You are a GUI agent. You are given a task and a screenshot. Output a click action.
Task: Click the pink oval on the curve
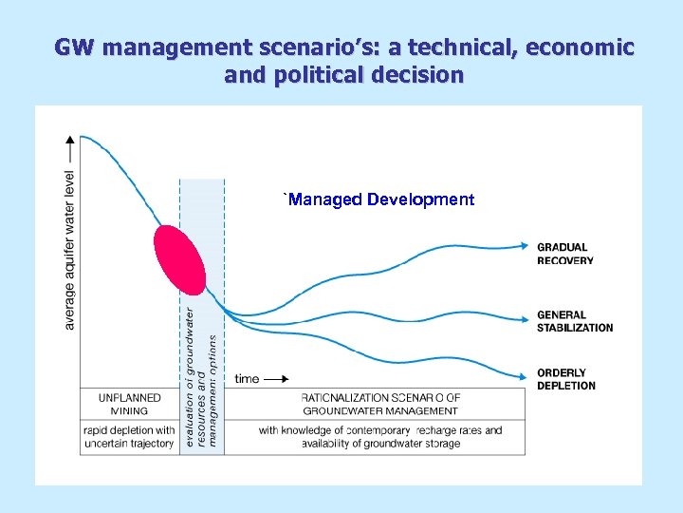pos(179,260)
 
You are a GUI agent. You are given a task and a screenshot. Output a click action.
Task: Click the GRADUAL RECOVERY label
pos(565,254)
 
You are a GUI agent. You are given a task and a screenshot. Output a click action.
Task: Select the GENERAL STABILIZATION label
pos(575,321)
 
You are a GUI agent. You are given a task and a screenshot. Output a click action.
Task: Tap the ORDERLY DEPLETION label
pos(566,379)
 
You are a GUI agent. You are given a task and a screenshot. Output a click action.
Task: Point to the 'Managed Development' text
pos(379,199)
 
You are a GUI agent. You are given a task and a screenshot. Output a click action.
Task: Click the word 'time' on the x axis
pos(247,379)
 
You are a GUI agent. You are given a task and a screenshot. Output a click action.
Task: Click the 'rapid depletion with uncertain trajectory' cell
pos(129,437)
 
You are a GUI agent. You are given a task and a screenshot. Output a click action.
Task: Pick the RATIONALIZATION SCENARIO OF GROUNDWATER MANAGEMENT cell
pos(380,404)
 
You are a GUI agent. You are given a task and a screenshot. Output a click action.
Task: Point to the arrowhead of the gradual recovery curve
pos(528,247)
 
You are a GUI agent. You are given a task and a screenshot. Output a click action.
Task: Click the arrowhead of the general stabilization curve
pos(528,318)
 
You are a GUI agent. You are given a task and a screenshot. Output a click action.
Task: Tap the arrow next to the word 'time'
pos(277,379)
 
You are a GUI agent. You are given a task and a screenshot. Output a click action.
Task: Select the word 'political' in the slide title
pos(320,74)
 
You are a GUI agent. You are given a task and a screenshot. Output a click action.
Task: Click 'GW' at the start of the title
pos(73,47)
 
